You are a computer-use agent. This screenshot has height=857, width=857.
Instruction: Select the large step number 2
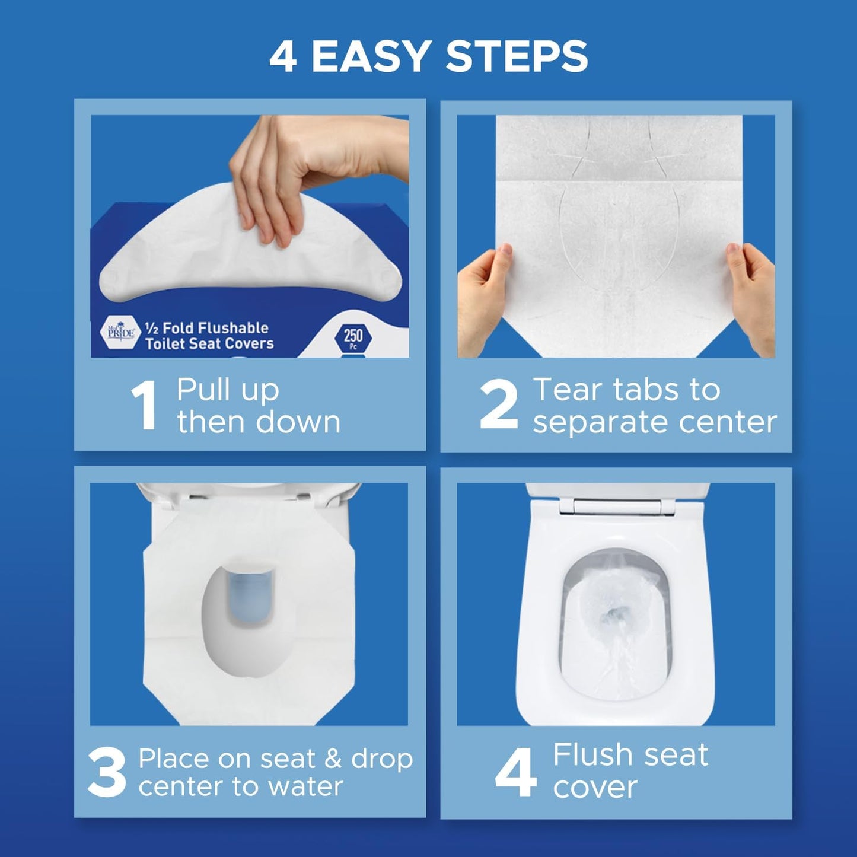(x=499, y=406)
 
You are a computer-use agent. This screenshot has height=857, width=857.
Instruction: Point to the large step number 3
(x=107, y=772)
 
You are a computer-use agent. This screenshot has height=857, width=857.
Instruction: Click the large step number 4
(x=516, y=772)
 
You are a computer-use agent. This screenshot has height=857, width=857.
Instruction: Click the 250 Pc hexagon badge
(x=353, y=338)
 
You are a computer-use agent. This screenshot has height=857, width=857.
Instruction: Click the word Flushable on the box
(x=228, y=328)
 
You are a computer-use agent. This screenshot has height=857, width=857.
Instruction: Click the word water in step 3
(x=305, y=787)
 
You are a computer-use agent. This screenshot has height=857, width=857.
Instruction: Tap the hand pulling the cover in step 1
(x=297, y=172)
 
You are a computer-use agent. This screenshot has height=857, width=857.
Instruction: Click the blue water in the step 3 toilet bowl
(x=251, y=593)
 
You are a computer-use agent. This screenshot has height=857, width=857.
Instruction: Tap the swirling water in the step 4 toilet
(x=614, y=623)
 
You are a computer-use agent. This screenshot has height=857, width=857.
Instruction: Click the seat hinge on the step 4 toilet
(x=617, y=506)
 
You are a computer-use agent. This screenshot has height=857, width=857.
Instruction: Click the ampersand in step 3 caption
(x=333, y=759)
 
